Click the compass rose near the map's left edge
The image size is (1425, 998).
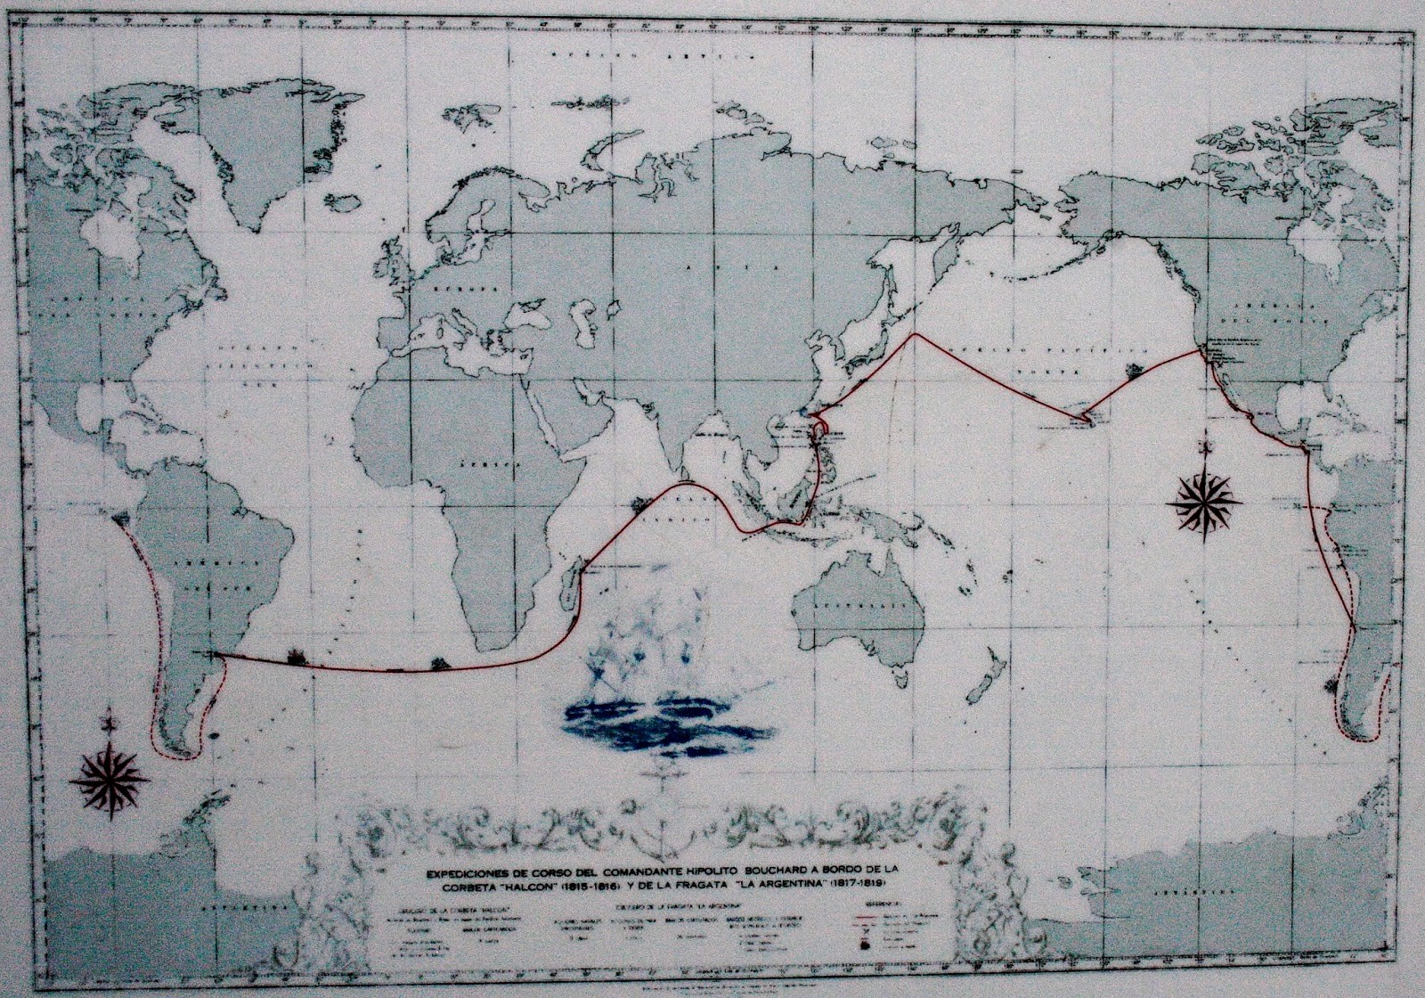[109, 773]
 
